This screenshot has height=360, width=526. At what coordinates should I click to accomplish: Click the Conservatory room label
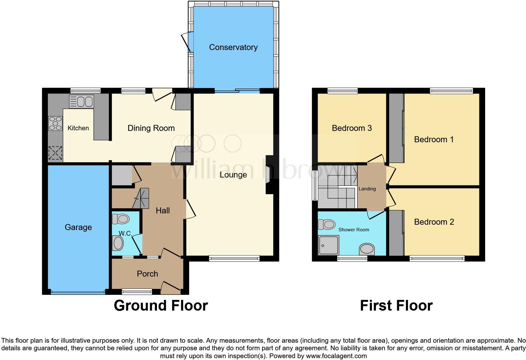pos(233,47)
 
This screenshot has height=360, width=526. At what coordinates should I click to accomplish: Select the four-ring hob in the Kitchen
pos(55,123)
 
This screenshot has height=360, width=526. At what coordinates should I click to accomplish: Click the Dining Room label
pos(151,128)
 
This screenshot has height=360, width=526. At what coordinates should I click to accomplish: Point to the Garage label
pos(78,227)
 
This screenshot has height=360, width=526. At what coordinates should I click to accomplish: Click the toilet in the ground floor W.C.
pos(121,219)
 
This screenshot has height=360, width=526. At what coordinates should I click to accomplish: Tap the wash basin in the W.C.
pos(118,243)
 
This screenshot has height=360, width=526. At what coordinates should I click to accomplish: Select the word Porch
pos(147,274)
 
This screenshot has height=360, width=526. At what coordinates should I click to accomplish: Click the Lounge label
pos(233,175)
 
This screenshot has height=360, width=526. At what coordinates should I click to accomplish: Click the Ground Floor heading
pos(161,306)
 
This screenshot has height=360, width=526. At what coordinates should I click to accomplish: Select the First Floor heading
pos(396,306)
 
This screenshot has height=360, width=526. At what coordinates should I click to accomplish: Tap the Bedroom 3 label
pos(352,128)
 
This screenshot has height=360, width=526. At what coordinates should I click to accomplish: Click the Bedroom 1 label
pos(434,139)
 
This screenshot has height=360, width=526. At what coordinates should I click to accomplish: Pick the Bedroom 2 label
pos(434,222)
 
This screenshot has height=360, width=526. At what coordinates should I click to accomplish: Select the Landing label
pos(367,189)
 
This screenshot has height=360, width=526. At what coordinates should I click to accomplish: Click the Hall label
pos(163,211)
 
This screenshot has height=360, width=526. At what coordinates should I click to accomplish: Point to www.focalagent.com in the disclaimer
pos(336,356)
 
